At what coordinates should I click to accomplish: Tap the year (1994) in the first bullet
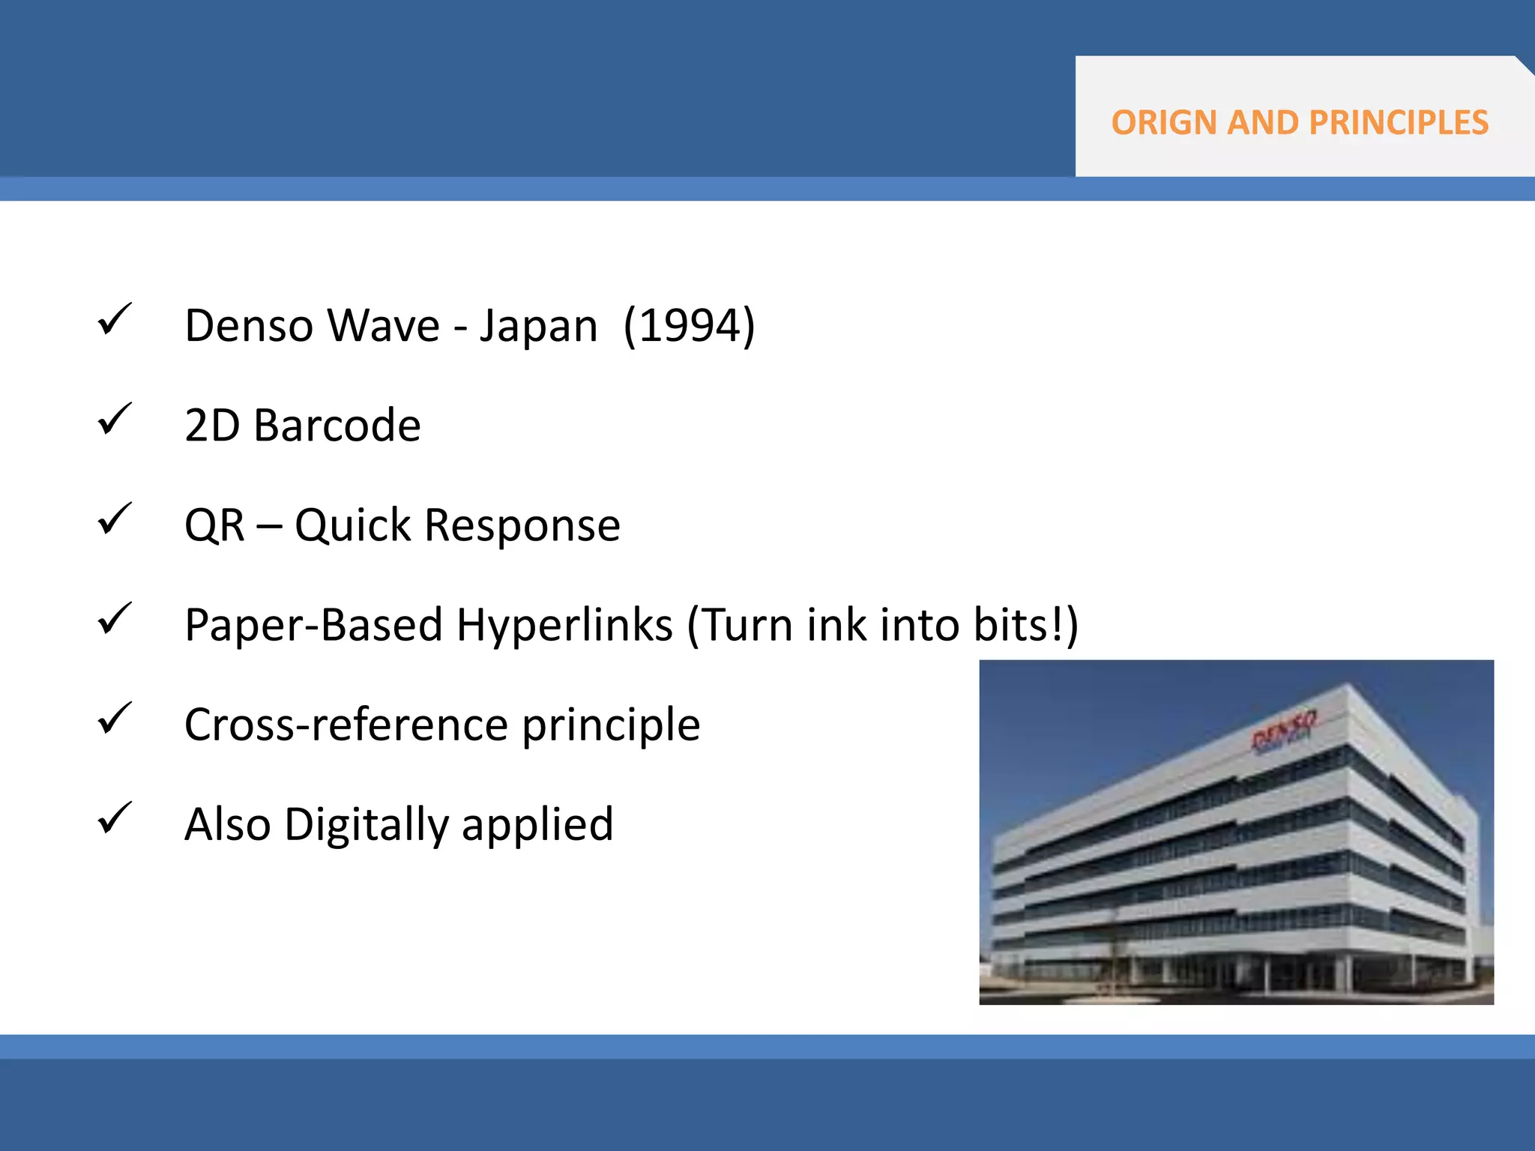[x=689, y=326]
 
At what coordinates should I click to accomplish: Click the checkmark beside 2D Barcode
[x=114, y=420]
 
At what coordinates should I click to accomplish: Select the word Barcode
[x=337, y=426]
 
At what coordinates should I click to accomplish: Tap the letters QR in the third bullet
[x=214, y=525]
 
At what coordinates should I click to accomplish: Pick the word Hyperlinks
[x=564, y=625]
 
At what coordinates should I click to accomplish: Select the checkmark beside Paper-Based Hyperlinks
[x=114, y=620]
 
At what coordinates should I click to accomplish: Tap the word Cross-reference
[x=346, y=725]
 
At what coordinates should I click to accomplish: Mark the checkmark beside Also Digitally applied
[x=114, y=819]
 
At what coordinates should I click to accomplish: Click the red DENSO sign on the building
[x=1283, y=731]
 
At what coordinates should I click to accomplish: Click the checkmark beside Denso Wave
[x=114, y=320]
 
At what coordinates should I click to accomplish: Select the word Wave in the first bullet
[x=384, y=326]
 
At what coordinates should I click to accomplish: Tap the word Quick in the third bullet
[x=352, y=525]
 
